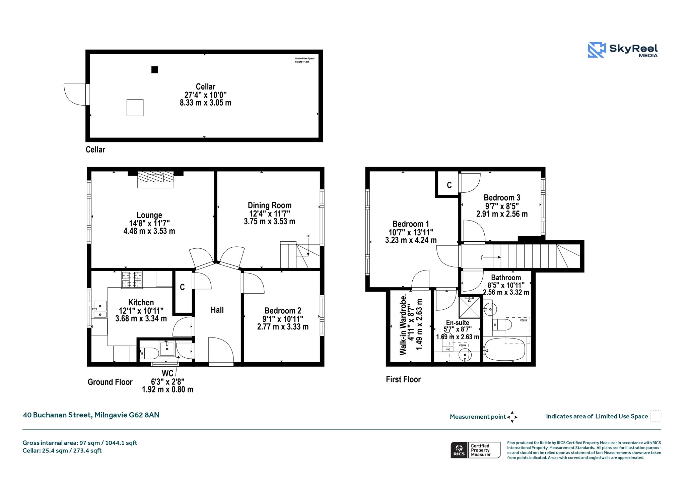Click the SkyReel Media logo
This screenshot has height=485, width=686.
pyautogui.click(x=623, y=50)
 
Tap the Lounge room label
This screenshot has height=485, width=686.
pyautogui.click(x=149, y=215)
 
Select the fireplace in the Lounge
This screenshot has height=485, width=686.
pyautogui.click(x=156, y=180)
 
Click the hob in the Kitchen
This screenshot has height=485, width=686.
pyautogui.click(x=132, y=280)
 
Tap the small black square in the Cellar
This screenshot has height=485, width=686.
pyautogui.click(x=154, y=70)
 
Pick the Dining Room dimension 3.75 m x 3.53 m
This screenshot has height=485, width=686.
pyautogui.click(x=270, y=222)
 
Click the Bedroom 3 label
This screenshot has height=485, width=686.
pyautogui.click(x=502, y=198)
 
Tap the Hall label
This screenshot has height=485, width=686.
pyautogui.click(x=217, y=310)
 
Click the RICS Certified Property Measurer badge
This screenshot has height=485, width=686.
pyautogui.click(x=476, y=450)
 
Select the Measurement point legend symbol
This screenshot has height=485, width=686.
pyautogui.click(x=512, y=417)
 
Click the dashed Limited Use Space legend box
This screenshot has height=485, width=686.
pyautogui.click(x=656, y=416)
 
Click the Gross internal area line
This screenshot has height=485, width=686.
pyautogui.click(x=80, y=443)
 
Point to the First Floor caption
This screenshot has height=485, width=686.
pyautogui.click(x=403, y=379)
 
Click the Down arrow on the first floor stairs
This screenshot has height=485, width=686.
pyautogui.click(x=492, y=257)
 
